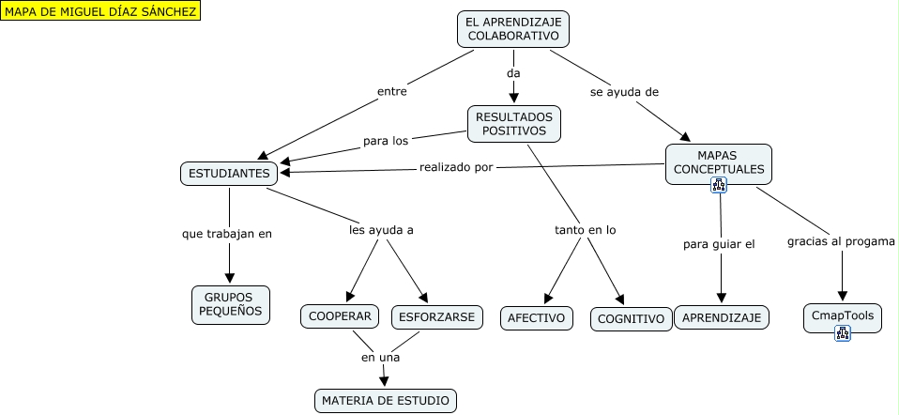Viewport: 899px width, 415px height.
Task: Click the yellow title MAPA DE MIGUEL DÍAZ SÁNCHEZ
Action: pos(100,11)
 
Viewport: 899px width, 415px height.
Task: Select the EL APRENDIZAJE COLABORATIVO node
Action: pos(514,28)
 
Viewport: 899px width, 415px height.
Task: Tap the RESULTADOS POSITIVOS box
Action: pos(513,123)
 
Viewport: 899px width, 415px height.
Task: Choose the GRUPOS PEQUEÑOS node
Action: pos(230,305)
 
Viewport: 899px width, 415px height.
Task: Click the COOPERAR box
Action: pos(340,316)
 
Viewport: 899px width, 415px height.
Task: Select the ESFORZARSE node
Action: pos(437,316)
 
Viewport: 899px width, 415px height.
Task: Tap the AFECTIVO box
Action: pos(536,318)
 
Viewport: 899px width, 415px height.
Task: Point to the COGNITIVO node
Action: pos(632,319)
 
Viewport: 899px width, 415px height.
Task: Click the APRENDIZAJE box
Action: pos(722,318)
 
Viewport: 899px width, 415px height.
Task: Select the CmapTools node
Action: pos(843,315)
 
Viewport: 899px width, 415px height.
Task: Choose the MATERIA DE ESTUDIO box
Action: pos(386,401)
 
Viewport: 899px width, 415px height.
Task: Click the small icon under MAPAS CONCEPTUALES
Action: pos(719,185)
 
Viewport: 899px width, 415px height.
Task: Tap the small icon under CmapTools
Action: pos(843,332)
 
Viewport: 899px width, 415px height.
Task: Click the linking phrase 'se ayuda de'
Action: pos(624,92)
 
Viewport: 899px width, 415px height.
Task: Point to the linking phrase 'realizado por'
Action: pos(456,168)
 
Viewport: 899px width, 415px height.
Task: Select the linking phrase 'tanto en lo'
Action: pos(586,229)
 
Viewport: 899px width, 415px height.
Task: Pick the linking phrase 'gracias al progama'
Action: pos(841,240)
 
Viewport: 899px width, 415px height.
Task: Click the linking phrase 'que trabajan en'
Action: pos(227,233)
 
